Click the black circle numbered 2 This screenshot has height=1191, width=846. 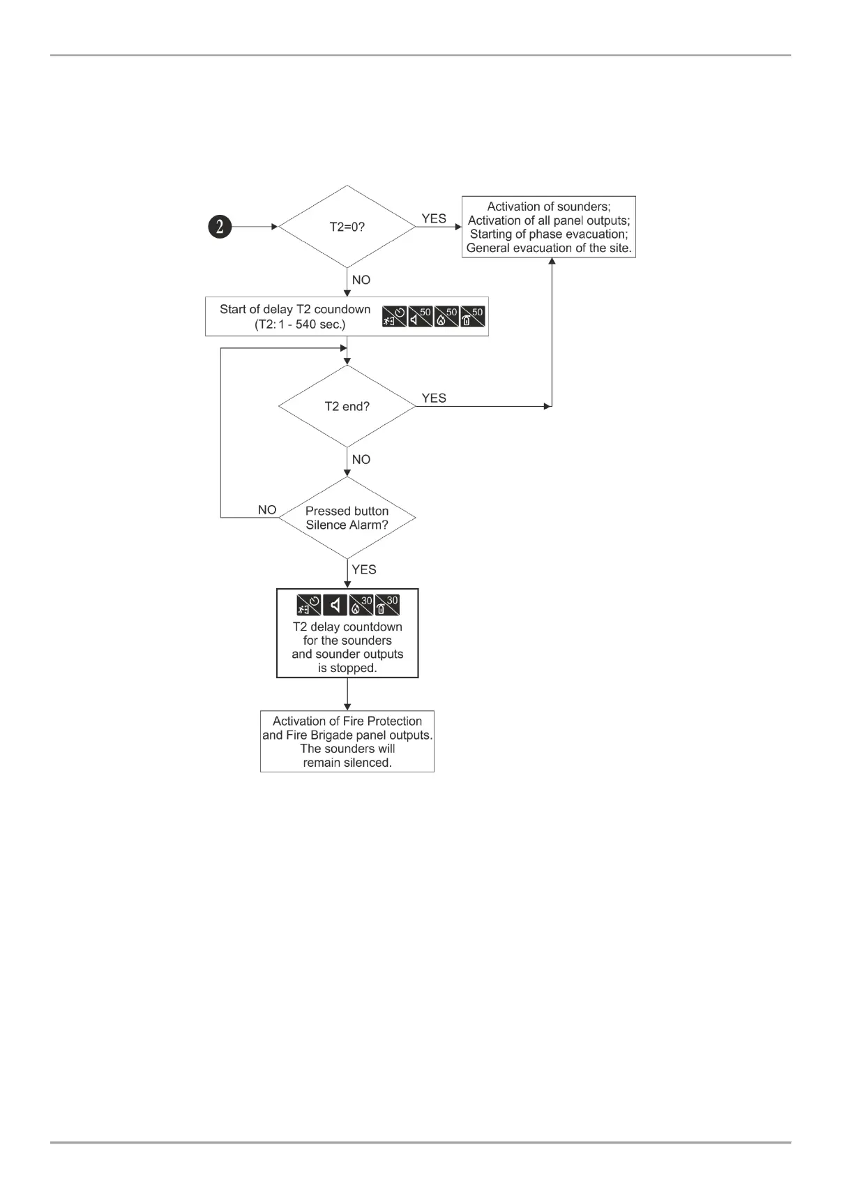[220, 227]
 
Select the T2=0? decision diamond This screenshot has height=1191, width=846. [347, 227]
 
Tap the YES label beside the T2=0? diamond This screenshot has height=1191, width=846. [434, 218]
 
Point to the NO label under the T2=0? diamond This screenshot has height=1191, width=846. [361, 280]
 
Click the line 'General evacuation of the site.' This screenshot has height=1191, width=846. [549, 248]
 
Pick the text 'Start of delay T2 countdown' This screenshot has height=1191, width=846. [295, 309]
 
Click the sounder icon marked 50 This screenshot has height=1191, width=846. [421, 317]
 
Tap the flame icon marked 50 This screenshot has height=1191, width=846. [446, 317]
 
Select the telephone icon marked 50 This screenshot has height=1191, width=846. [472, 317]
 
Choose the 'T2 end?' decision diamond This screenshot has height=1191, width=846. [347, 406]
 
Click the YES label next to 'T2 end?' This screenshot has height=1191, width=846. [434, 398]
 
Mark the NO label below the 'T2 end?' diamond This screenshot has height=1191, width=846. [361, 459]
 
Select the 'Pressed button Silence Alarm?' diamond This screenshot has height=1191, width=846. [347, 518]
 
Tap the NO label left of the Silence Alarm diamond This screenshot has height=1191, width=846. [267, 510]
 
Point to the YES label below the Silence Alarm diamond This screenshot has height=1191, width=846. [364, 569]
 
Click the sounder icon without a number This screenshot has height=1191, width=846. [335, 605]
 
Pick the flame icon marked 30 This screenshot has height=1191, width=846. [361, 605]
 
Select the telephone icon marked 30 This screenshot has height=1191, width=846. [387, 605]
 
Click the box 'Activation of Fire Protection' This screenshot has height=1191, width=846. [347, 741]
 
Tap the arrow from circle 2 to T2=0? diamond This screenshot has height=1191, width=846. [255, 227]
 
